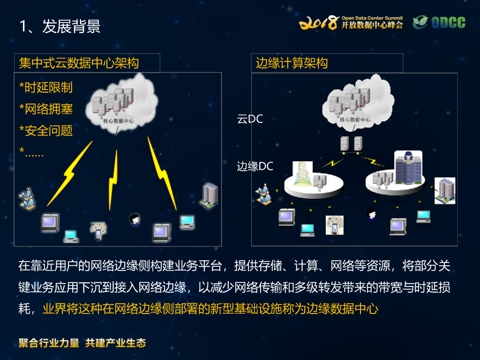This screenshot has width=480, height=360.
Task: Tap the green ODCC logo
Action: (439, 22)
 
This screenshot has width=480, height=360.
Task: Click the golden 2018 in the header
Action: (319, 22)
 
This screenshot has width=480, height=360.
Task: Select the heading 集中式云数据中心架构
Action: (79, 63)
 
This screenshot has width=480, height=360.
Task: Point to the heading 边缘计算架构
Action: (292, 63)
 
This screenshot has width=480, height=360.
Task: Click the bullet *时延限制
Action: (46, 88)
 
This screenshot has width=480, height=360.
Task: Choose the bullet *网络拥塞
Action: (46, 109)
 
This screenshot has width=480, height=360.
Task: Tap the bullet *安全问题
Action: (46, 131)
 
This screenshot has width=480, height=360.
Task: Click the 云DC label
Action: (250, 119)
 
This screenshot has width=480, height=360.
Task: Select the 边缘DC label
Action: (255, 166)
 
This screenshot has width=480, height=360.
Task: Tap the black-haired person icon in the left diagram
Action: (135, 219)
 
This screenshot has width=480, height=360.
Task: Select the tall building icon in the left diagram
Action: (210, 195)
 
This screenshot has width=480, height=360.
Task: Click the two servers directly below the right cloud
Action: (352, 143)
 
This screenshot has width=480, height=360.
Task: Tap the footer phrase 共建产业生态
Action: (116, 343)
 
